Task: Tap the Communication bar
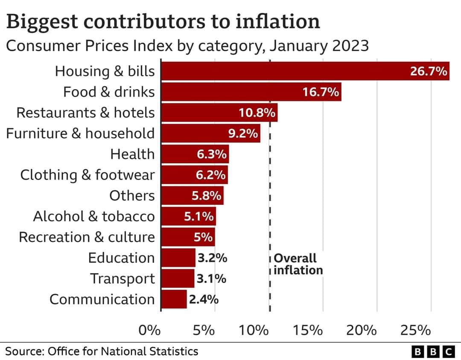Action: coord(174,299)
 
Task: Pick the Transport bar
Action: coord(178,279)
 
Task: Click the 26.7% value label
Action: coord(428,71)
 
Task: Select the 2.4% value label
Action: coord(204,299)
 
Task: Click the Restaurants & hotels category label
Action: coord(85,113)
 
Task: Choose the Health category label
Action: coord(132,154)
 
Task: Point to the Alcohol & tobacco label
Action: coord(94,216)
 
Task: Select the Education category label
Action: coord(121,258)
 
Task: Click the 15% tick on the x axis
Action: coord(308,330)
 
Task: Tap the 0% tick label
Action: coord(150,330)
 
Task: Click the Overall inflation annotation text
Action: coord(298,264)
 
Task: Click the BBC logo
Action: coord(433,351)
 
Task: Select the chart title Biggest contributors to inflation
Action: coord(163,21)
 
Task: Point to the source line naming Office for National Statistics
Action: coord(102,351)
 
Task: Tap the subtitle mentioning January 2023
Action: coord(187,46)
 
